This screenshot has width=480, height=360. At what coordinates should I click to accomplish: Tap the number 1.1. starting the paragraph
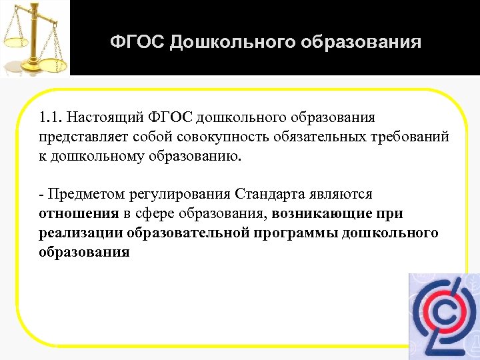[50, 118]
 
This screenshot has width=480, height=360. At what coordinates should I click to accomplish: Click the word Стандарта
[270, 194]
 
